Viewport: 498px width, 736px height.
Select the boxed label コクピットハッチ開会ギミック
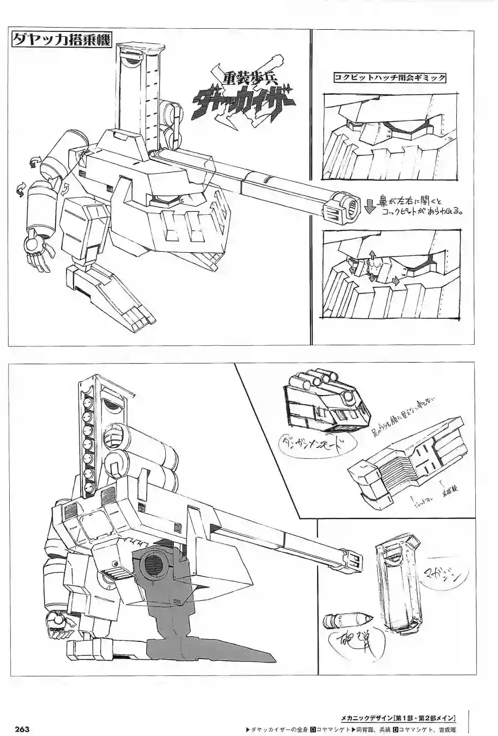tap(390, 78)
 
